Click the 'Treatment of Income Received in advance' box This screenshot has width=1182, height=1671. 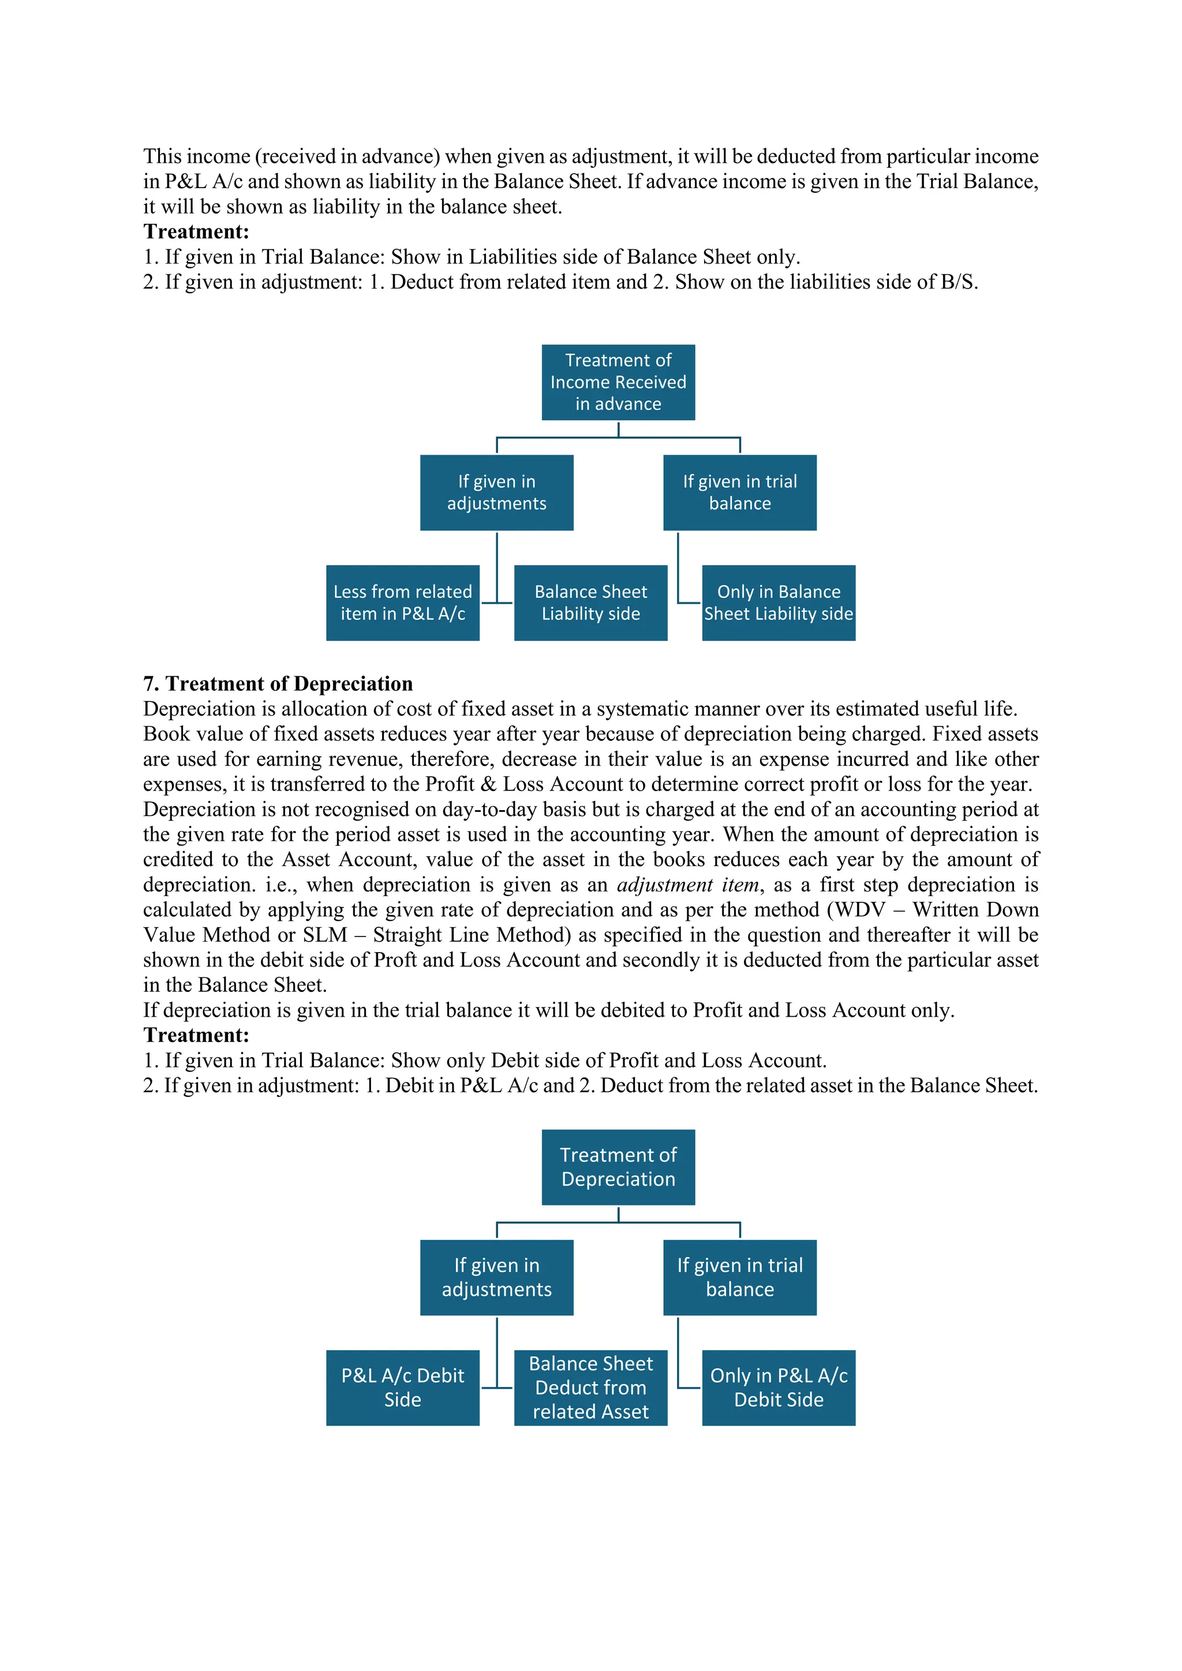[x=618, y=382]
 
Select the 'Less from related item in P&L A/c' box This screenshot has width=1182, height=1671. [x=402, y=602]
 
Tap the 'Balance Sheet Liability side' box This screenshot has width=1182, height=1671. [x=590, y=602]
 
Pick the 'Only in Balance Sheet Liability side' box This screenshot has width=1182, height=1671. [x=778, y=602]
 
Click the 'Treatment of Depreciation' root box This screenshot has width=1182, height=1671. [x=618, y=1167]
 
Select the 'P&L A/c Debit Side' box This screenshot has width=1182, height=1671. [x=402, y=1387]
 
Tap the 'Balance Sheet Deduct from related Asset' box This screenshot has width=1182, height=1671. [x=590, y=1387]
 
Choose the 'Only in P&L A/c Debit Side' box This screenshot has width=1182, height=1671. [x=778, y=1387]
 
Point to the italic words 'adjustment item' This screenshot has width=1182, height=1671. [x=688, y=885]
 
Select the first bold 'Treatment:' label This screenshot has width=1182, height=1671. [x=196, y=231]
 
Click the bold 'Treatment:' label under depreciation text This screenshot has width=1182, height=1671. [x=196, y=1035]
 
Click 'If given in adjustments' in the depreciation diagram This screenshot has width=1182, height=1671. [x=496, y=1277]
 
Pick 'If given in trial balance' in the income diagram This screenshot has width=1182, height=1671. [x=739, y=493]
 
